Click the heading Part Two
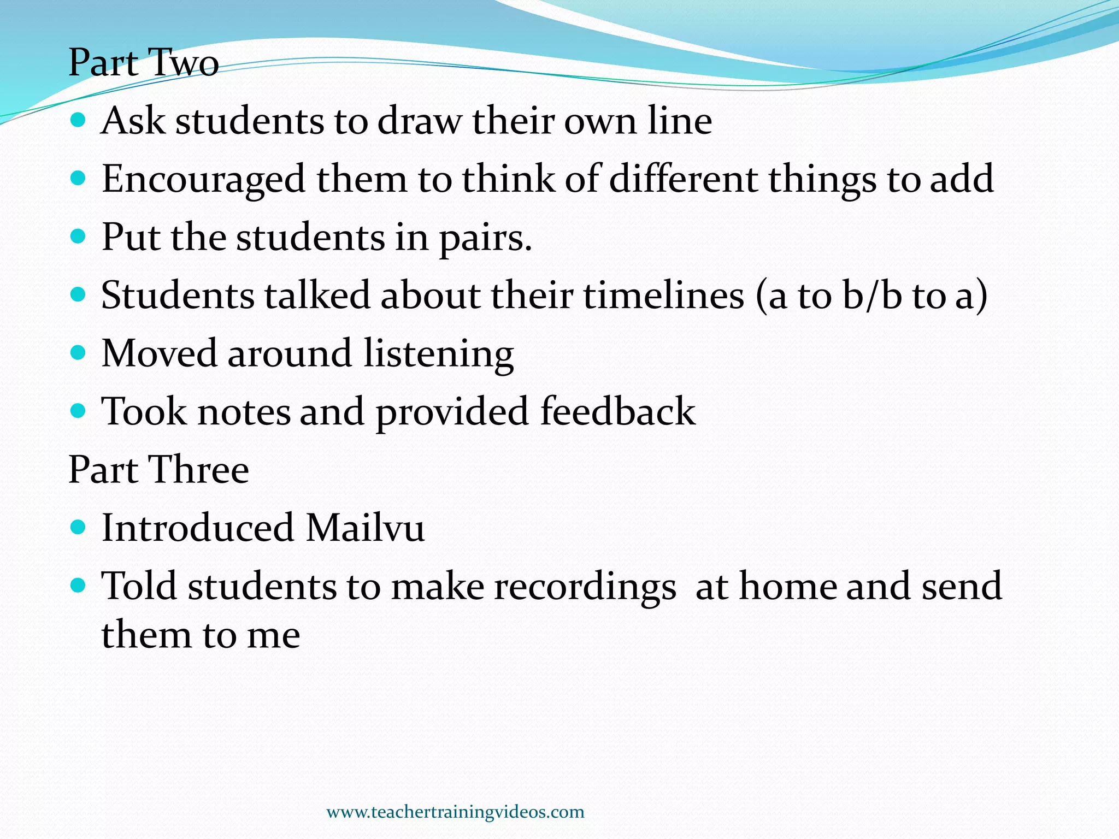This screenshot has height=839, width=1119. tap(144, 62)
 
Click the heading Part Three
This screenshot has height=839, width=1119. tap(158, 469)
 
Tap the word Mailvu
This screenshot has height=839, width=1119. tap(365, 528)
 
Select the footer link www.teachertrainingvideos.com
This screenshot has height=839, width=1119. tap(455, 812)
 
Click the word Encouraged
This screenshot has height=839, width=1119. tap(203, 179)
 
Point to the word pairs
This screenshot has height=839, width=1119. tap(485, 238)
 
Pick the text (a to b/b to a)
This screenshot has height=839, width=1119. tap(871, 296)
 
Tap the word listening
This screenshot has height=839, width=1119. tap(438, 354)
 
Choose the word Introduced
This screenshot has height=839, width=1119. tap(198, 528)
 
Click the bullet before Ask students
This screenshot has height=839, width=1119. tap(79, 119)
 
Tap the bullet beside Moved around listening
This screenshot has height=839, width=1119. tap(79, 352)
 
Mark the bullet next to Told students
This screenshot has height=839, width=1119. tap(79, 585)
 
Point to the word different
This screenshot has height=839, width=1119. tap(682, 179)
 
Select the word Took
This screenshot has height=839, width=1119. tap(144, 411)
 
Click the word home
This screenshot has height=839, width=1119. tap(787, 587)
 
